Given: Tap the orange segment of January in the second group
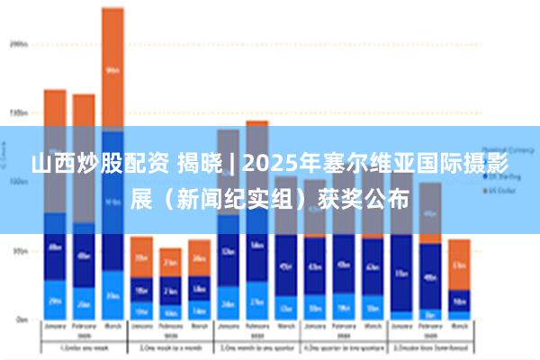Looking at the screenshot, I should [x=141, y=256].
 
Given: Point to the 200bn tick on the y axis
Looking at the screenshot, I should [x=18, y=43].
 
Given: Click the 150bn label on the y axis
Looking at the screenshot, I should [x=18, y=113].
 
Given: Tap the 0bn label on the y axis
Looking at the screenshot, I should [x=20, y=319].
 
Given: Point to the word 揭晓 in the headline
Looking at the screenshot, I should [x=198, y=165].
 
